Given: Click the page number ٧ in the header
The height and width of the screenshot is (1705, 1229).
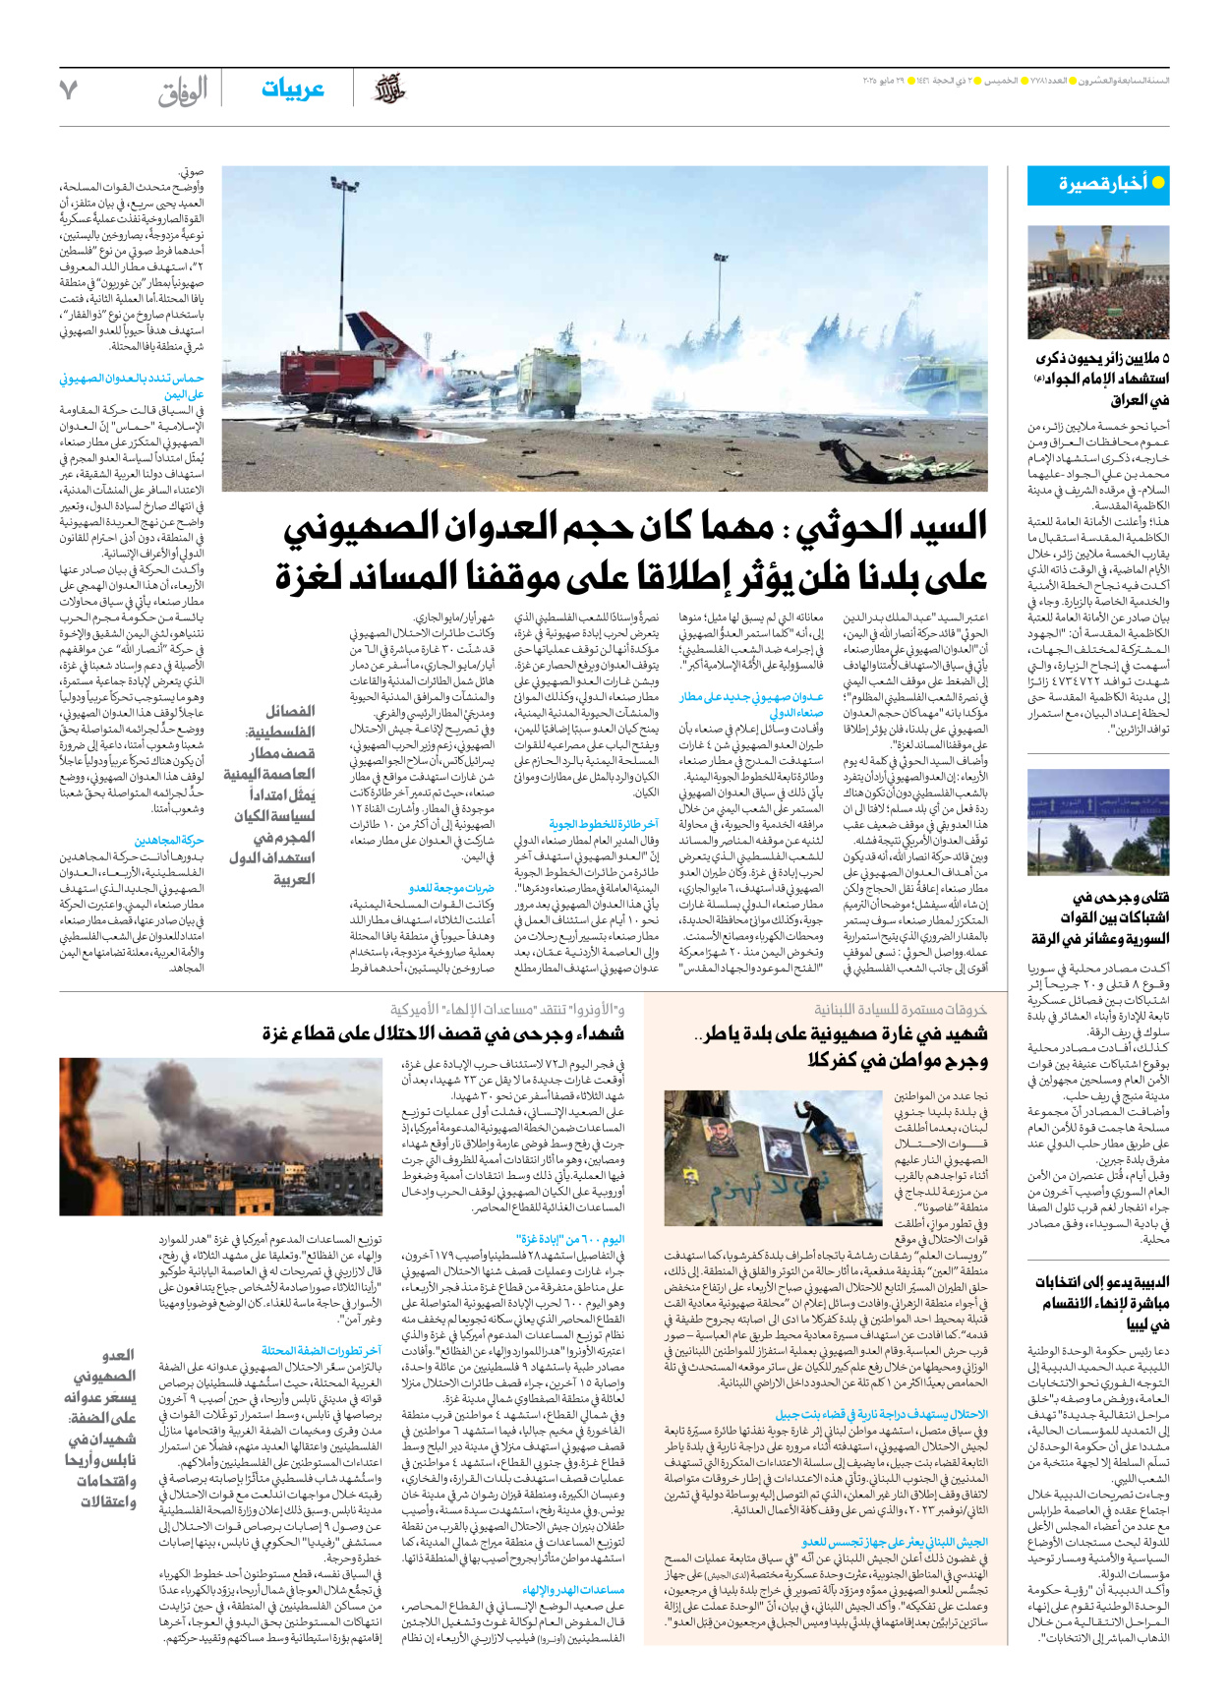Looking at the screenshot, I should [x=68, y=89].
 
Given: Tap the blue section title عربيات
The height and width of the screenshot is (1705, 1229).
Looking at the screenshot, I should [x=292, y=89].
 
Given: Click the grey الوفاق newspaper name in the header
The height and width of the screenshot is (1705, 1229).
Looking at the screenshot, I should [x=183, y=91].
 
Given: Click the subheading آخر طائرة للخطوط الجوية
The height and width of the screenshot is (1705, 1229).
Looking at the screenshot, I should [x=604, y=824].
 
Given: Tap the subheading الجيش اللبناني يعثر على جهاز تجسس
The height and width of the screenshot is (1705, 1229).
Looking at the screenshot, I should [x=895, y=1543].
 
